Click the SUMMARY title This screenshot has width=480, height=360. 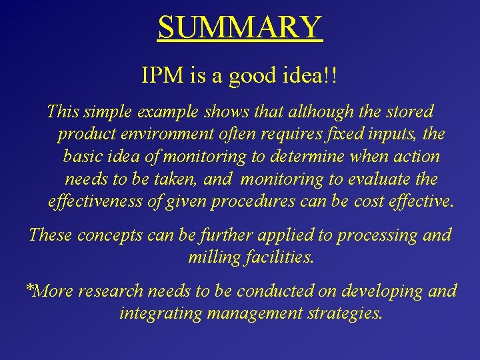(x=240, y=27)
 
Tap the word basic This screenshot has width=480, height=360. (x=84, y=157)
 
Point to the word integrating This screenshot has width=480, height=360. (x=159, y=313)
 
